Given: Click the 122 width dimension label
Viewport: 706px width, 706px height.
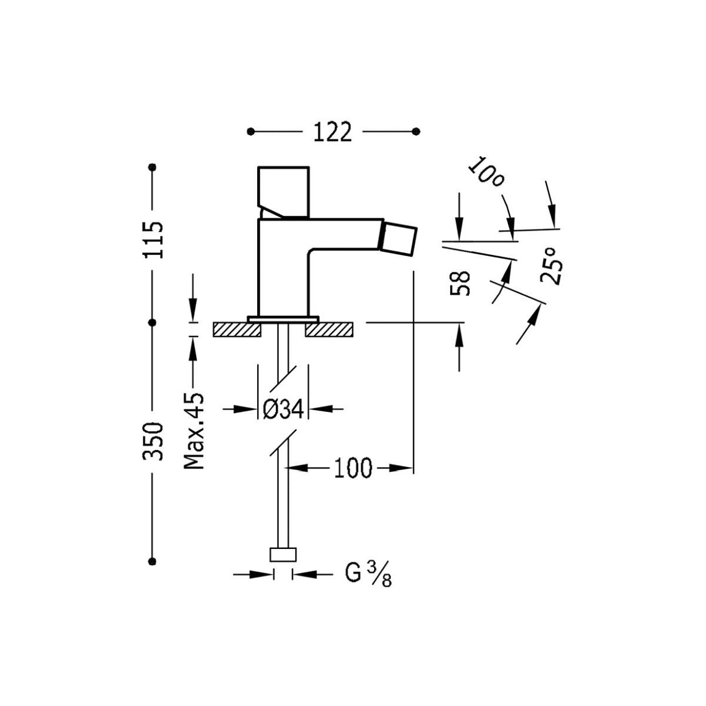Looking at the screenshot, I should point(332,132).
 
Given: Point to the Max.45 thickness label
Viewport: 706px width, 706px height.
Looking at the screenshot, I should point(194,431).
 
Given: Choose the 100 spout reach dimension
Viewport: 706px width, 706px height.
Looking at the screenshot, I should point(354,468).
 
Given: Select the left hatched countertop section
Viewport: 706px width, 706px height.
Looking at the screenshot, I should point(237,329).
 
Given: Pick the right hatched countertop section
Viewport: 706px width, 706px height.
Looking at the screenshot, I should point(329,329).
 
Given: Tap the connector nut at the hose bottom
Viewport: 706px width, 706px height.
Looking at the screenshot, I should point(283,555).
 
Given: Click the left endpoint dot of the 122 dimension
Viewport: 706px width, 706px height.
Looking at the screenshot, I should point(251,131).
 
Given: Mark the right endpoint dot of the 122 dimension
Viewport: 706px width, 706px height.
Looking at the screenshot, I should point(416,131).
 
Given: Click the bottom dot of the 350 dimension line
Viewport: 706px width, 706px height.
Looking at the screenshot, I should point(154,561).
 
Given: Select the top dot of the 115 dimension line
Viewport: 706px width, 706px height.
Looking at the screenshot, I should point(154,168).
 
